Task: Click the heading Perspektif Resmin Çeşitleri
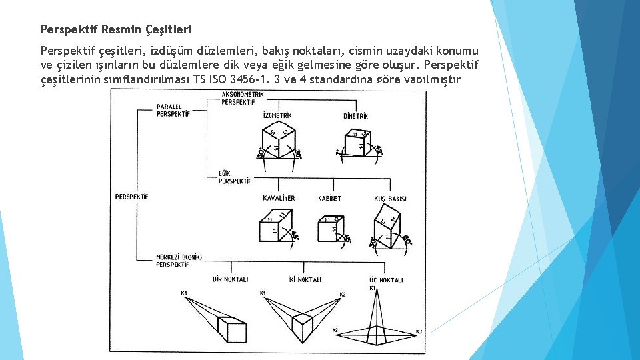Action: tap(116, 29)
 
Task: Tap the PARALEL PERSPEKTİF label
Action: tap(173, 110)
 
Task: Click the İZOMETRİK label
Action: tap(277, 116)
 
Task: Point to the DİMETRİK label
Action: tap(355, 116)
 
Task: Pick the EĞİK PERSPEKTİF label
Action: tap(235, 177)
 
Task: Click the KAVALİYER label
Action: tap(279, 198)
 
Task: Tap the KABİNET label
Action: tap(329, 198)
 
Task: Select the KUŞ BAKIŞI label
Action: tap(391, 199)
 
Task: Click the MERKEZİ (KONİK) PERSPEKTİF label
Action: tap(179, 261)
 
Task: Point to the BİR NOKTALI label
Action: tap(230, 279)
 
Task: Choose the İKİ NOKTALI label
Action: tap(305, 279)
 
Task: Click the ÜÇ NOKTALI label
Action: tap(385, 280)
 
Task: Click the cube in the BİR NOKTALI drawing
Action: tap(234, 331)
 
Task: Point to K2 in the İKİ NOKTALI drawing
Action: tap(343, 294)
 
